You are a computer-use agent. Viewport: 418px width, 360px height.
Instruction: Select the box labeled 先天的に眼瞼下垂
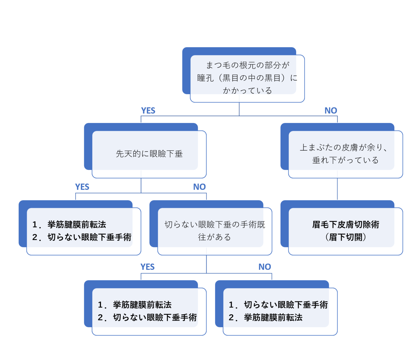[x=149, y=154]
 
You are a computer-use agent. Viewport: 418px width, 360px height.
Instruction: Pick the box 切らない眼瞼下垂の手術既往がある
[x=215, y=231]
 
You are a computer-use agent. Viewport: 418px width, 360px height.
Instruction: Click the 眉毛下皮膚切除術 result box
[x=345, y=231]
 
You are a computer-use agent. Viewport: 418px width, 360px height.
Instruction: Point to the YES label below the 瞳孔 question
[x=148, y=111]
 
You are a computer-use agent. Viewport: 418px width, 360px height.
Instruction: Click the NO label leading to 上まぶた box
[x=331, y=111]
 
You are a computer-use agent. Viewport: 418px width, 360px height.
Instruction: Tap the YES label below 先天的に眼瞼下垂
[x=82, y=187]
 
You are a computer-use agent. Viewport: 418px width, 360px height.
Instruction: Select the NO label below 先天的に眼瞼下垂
[x=199, y=187]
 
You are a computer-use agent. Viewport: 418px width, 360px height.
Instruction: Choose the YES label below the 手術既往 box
[x=147, y=267]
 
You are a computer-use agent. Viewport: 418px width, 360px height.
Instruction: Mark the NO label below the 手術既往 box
[x=265, y=267]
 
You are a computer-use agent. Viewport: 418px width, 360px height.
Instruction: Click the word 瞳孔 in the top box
[x=205, y=78]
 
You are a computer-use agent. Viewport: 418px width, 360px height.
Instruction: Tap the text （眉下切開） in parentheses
[x=345, y=237]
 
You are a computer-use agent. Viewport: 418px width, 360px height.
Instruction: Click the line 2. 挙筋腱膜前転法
[x=265, y=318]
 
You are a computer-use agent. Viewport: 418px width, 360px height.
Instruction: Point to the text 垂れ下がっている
[x=345, y=160]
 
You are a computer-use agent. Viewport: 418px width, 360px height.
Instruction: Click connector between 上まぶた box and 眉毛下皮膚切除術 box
[x=337, y=189]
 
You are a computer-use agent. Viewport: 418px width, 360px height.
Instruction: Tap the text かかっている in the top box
[x=247, y=91]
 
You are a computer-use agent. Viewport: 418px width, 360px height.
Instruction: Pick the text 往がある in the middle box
[x=215, y=237]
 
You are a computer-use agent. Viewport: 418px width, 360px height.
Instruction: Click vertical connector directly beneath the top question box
[x=239, y=109]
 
